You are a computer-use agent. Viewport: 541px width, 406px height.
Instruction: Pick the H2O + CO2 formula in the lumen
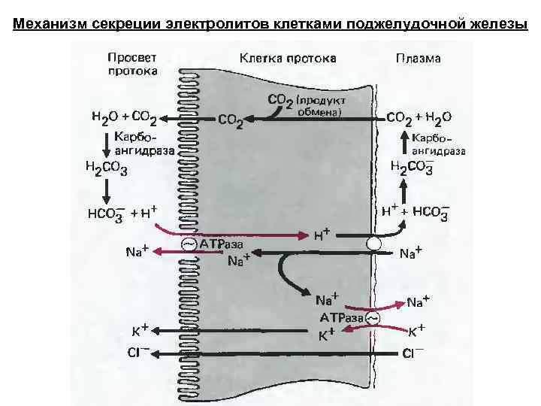[123, 117]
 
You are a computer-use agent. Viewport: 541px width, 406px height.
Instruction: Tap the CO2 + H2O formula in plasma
[419, 117]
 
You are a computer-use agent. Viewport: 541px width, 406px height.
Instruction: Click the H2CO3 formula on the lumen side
[107, 168]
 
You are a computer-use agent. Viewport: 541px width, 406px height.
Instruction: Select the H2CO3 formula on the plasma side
[411, 168]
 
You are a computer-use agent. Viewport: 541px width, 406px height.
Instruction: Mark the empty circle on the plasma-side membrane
[373, 244]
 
